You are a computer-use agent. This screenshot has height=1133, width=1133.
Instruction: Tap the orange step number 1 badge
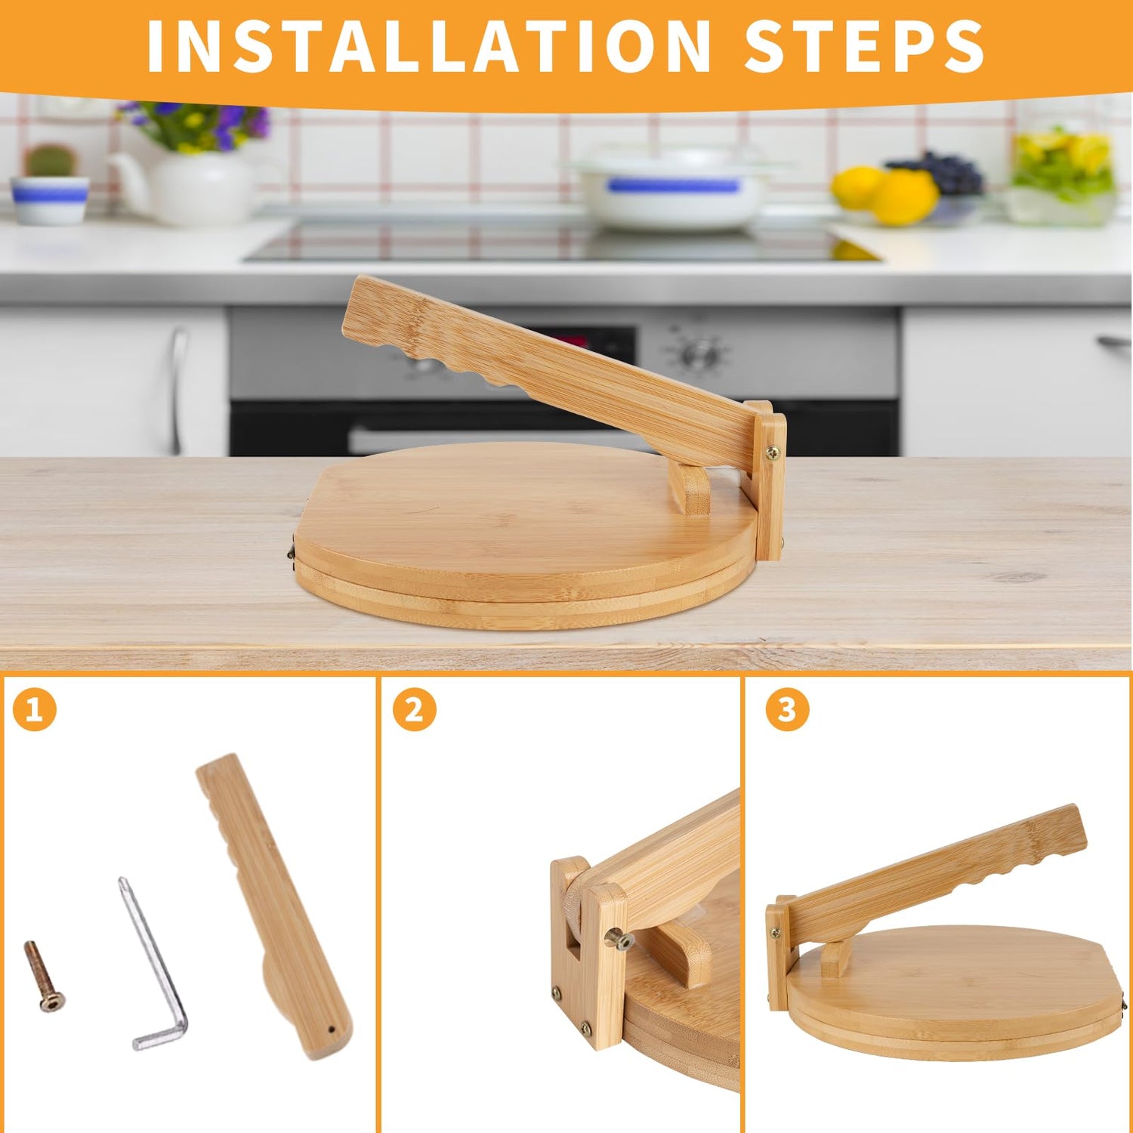[x=35, y=709]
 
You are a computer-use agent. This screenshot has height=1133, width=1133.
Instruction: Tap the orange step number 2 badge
[x=414, y=709]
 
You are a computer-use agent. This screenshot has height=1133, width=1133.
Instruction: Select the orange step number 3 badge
[x=787, y=709]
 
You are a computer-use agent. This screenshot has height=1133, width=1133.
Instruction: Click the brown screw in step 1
[x=44, y=976]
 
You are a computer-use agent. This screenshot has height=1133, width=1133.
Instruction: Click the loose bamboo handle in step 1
[x=274, y=906]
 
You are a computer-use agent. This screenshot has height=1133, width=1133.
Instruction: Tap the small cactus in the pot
[x=51, y=160]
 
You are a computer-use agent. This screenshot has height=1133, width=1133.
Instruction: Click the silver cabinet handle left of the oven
[x=177, y=389]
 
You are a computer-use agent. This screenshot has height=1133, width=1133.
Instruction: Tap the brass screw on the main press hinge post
[x=773, y=453]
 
